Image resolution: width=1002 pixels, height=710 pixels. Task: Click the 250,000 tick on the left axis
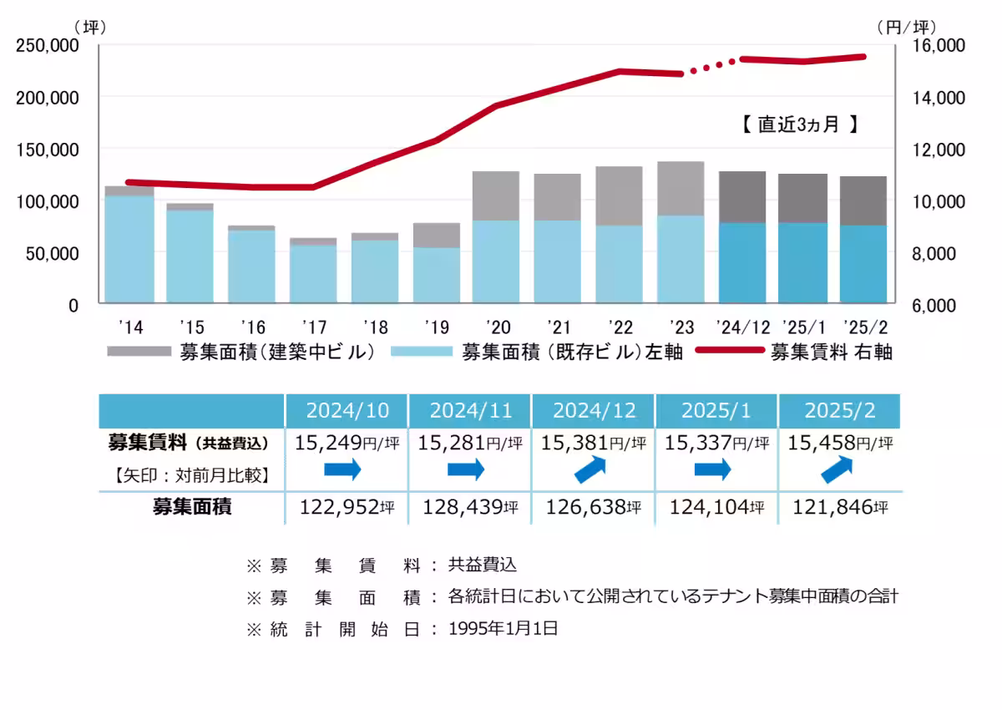(47, 45)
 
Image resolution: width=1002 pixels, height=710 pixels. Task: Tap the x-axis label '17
(313, 326)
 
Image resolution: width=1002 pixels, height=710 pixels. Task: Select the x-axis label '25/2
(863, 326)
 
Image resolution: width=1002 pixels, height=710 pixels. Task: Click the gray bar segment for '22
(619, 196)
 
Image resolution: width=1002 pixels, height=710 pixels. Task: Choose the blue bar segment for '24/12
(741, 262)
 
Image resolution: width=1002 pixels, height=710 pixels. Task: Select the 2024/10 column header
(347, 410)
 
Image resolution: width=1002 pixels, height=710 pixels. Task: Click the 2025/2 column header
(839, 410)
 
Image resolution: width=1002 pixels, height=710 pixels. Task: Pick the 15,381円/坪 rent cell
(593, 443)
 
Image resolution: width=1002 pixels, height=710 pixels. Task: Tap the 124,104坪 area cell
(716, 506)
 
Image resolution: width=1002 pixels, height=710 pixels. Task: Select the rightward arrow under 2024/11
(466, 470)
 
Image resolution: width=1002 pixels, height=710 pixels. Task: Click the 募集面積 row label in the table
(191, 506)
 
